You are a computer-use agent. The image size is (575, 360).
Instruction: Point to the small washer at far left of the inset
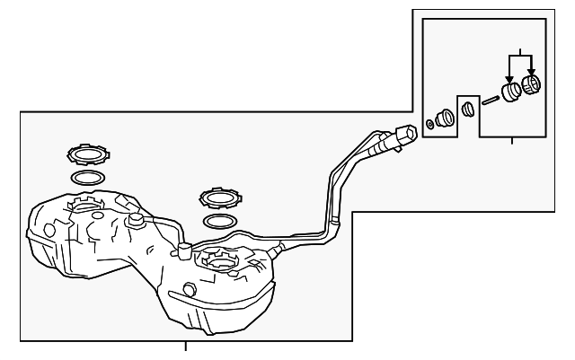(430, 124)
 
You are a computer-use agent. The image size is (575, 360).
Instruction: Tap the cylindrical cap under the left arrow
(510, 92)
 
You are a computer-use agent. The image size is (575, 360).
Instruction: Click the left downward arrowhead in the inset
(509, 79)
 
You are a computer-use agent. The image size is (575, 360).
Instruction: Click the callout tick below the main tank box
(186, 346)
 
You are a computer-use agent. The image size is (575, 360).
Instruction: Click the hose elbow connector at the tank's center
(184, 250)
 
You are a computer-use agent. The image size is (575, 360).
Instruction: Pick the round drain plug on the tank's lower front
(188, 289)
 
